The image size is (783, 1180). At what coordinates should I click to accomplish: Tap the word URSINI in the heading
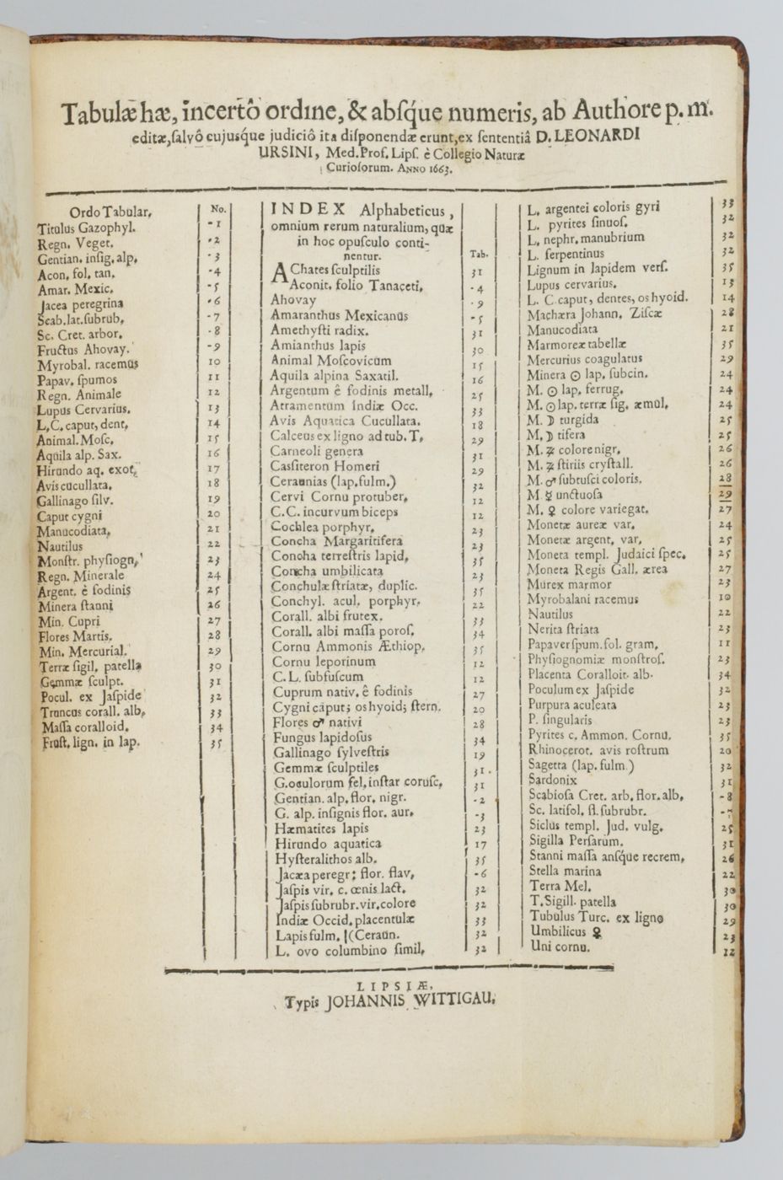pyautogui.click(x=287, y=153)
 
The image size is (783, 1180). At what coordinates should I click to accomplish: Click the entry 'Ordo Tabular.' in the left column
pyautogui.click(x=110, y=212)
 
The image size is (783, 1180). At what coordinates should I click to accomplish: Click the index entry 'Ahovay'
pyautogui.click(x=293, y=300)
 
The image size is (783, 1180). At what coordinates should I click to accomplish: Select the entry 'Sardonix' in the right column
pyautogui.click(x=552, y=780)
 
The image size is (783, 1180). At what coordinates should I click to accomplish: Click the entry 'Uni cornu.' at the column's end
pyautogui.click(x=560, y=947)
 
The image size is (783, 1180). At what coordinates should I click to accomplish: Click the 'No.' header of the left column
pyautogui.click(x=217, y=208)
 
